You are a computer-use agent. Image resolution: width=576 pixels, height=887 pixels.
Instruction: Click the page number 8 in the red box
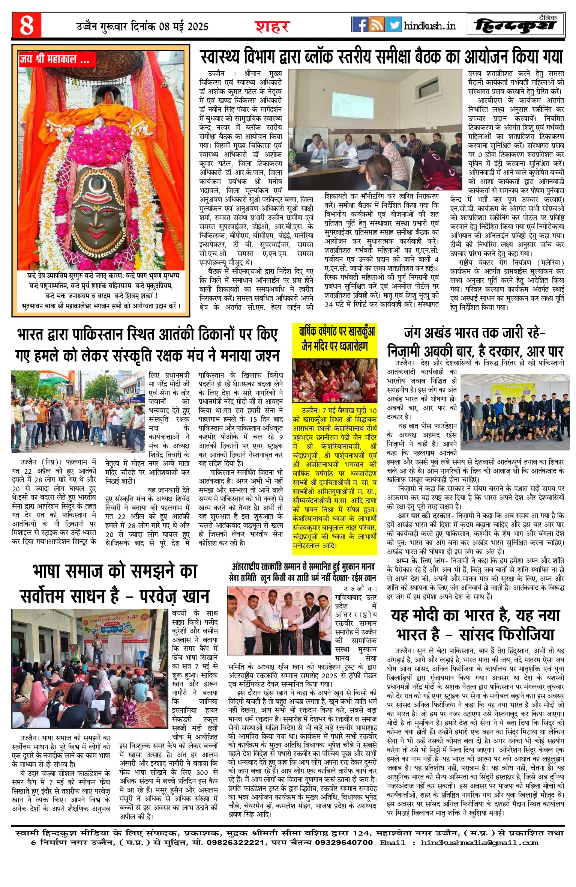[26, 25]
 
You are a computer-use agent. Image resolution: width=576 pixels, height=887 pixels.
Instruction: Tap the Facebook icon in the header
[360, 25]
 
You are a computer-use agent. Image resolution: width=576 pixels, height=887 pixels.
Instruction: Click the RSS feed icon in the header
[376, 25]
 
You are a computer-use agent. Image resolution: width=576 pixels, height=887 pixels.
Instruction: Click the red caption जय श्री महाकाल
[55, 59]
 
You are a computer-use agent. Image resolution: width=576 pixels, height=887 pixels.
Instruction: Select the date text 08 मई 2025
[184, 27]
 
